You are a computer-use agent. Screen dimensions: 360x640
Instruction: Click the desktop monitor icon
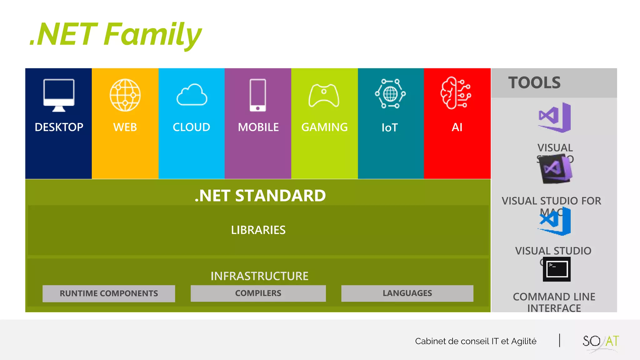point(59,95)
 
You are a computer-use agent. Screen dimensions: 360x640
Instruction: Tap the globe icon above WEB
point(125,95)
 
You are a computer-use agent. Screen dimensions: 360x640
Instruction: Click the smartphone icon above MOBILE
point(258,95)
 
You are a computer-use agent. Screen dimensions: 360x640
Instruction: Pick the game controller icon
point(324,95)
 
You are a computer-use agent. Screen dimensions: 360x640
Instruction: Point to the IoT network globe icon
point(390,94)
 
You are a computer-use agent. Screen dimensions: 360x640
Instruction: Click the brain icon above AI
point(456,93)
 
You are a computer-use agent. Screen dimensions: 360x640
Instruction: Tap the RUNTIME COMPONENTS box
point(109,293)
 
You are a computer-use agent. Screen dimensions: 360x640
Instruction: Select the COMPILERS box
point(258,293)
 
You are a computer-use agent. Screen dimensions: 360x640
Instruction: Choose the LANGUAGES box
point(407,293)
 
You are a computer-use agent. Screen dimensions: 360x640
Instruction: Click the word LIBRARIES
point(258,230)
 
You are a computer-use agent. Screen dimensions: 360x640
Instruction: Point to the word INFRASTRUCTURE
point(259,276)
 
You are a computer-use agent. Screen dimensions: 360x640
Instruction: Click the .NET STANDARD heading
point(260,196)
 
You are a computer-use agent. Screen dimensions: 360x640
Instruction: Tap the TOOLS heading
point(534,83)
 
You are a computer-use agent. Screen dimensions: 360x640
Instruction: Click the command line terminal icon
point(557,269)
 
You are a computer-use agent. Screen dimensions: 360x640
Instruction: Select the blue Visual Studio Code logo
point(555,221)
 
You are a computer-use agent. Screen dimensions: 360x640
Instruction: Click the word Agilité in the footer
point(524,341)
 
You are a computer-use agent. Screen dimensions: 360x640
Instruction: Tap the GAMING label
point(324,127)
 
